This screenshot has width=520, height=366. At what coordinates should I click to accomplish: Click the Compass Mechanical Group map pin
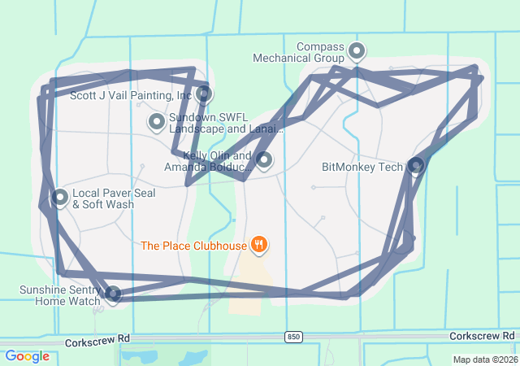tap(356, 53)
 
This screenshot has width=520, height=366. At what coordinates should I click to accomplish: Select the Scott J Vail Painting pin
tap(204, 94)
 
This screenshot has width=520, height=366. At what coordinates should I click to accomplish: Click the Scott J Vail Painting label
tap(130, 95)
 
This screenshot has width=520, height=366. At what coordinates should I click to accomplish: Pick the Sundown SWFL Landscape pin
tap(156, 122)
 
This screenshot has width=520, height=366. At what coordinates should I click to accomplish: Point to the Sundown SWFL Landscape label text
tap(226, 123)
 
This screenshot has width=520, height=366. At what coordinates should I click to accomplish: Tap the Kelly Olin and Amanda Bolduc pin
tap(263, 159)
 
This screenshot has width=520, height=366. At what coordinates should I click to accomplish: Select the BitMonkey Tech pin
tap(416, 166)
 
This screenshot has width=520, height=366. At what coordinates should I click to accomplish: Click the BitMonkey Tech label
tap(362, 168)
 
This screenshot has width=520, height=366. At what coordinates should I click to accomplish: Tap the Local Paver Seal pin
tap(60, 197)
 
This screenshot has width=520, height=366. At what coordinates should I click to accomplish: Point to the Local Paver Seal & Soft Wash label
tap(103, 199)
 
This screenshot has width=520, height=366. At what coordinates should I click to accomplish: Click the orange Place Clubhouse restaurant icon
tap(259, 243)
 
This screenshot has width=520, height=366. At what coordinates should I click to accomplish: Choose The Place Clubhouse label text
tap(194, 245)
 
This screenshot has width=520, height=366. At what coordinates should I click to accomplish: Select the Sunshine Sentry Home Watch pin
tap(114, 293)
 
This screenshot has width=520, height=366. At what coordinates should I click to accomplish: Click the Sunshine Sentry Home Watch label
tap(63, 295)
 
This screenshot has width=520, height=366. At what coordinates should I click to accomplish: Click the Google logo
tap(27, 356)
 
